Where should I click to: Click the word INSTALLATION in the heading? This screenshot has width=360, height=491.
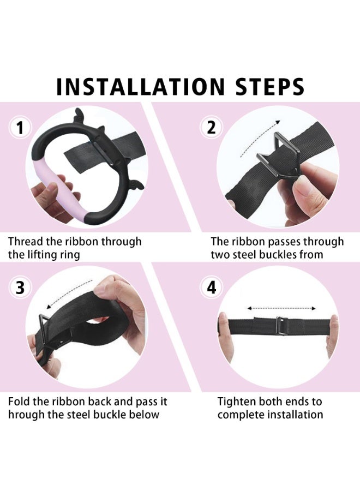[x=141, y=86]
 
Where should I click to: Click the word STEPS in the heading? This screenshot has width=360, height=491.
[x=270, y=86]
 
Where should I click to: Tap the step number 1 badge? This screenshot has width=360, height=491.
[x=20, y=128]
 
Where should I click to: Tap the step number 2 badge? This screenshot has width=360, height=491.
[x=212, y=128]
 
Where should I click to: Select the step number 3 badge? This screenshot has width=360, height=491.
[x=20, y=288]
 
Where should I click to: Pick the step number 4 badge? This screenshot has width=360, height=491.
[x=212, y=288]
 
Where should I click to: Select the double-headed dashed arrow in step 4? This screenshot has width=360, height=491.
[x=281, y=308]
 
